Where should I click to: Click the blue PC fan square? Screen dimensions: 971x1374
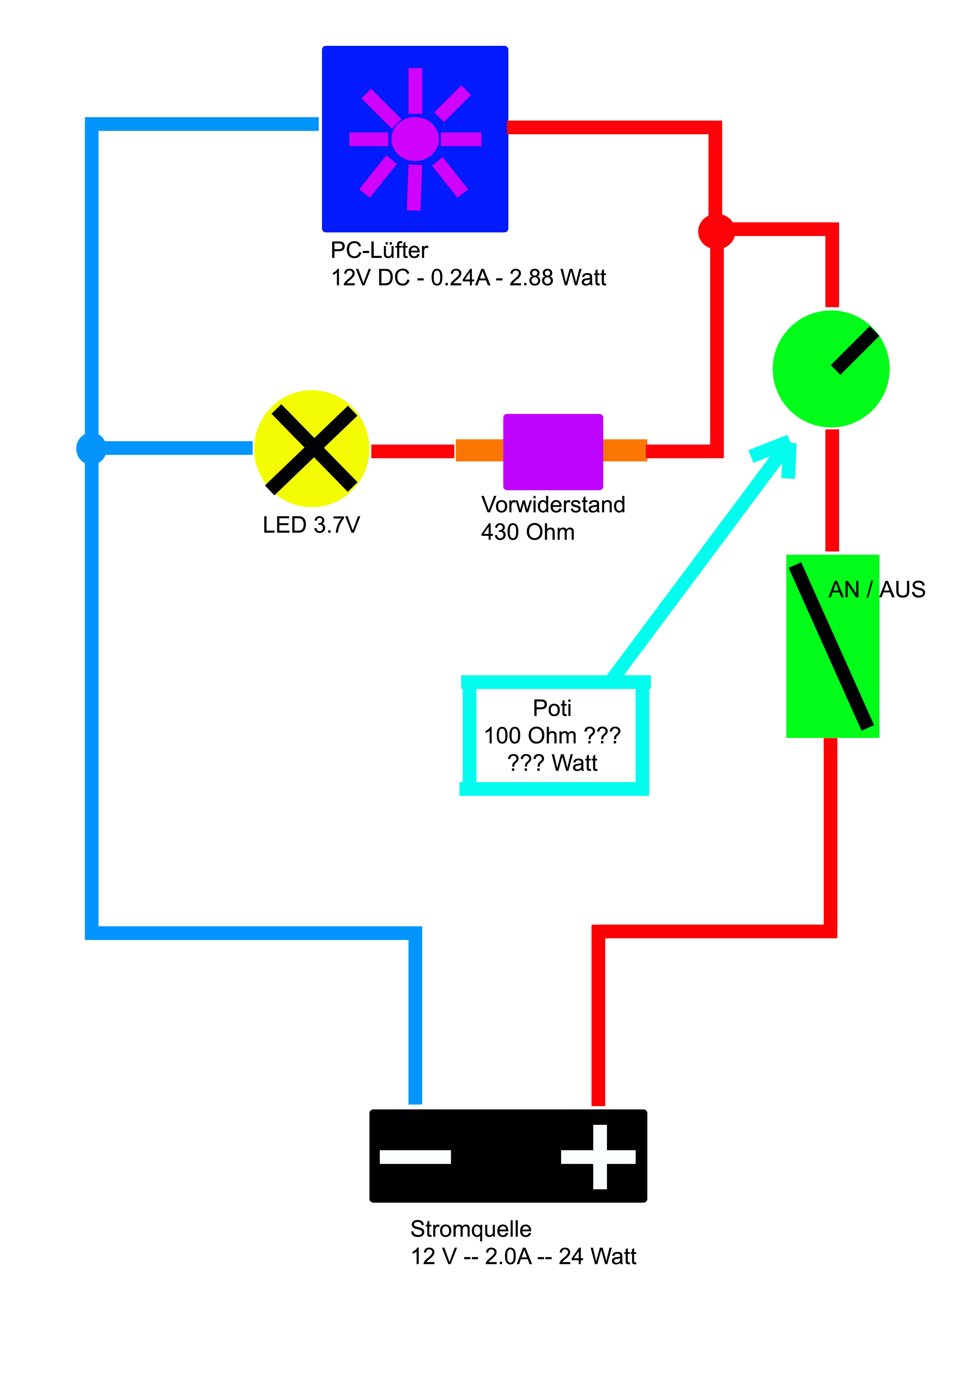click(x=415, y=139)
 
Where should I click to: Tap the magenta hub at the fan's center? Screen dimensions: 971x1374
click(x=415, y=139)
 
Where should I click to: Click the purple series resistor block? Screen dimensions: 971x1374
click(x=553, y=452)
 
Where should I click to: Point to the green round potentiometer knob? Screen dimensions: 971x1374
click(x=830, y=369)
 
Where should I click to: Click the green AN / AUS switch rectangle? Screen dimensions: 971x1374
click(x=832, y=646)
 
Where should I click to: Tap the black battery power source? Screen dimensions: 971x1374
click(x=508, y=1155)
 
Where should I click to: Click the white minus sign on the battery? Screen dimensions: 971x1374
click(x=415, y=1157)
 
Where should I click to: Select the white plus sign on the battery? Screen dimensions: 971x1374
click(x=598, y=1157)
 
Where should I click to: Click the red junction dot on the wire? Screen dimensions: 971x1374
click(x=716, y=231)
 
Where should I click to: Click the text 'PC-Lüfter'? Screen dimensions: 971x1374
click(x=379, y=250)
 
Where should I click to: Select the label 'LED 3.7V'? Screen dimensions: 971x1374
click(x=311, y=525)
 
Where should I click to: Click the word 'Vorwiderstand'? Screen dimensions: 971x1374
click(x=553, y=504)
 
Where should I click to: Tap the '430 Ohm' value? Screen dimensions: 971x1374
click(x=528, y=532)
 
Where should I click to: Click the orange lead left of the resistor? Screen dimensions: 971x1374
click(x=479, y=450)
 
